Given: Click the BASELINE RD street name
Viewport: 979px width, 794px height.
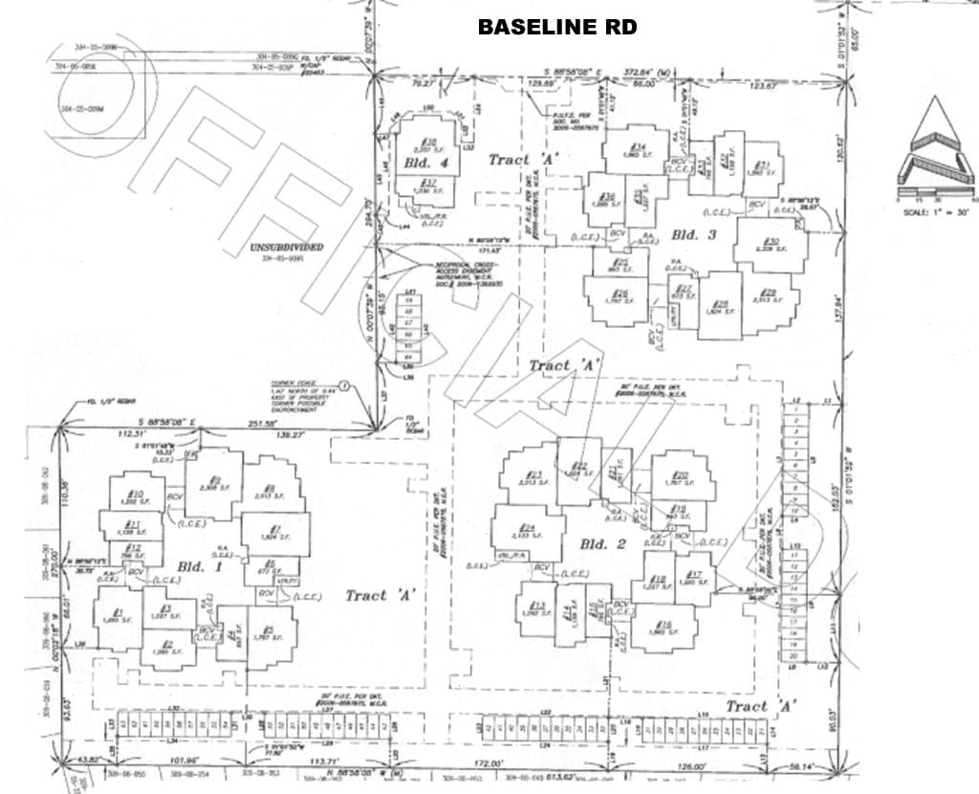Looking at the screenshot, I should coord(557,27).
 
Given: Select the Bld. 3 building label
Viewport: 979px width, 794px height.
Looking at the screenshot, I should coord(685,234).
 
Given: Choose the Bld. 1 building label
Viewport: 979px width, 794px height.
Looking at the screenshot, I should coord(191,566).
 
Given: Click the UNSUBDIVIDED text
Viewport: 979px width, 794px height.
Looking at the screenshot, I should coord(286,247).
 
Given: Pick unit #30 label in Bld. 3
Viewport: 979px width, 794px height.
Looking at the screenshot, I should coord(771,241).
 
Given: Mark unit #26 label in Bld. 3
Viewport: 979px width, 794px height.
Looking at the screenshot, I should coord(620,294).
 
